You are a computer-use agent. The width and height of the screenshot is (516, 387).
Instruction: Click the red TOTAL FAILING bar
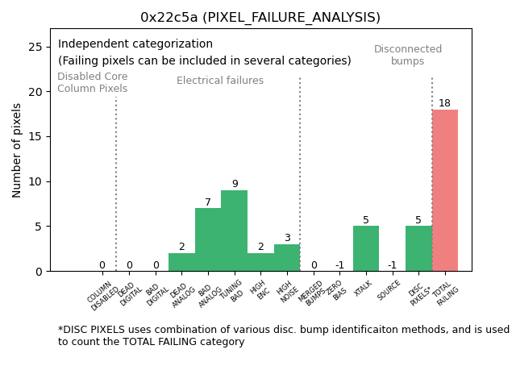pyautogui.click(x=445, y=190)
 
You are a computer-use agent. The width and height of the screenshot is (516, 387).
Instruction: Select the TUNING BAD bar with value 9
pyautogui.click(x=234, y=231)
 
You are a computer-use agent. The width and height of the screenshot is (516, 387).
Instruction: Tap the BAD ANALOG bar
pyautogui.click(x=208, y=239)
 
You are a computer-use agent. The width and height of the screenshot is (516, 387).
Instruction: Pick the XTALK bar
pyautogui.click(x=366, y=248)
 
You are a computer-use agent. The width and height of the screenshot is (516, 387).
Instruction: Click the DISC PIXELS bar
pyautogui.click(x=418, y=248)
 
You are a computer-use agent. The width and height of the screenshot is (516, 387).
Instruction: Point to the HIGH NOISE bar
pyautogui.click(x=287, y=258)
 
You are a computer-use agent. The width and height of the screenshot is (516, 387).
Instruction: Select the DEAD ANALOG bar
pyautogui.click(x=181, y=262)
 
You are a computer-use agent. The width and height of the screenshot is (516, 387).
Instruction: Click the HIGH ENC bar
pyautogui.click(x=260, y=262)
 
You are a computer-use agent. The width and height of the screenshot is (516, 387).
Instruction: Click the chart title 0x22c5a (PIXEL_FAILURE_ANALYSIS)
pyautogui.click(x=260, y=17)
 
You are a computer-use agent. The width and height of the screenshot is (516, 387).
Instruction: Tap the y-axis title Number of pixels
pyautogui.click(x=17, y=150)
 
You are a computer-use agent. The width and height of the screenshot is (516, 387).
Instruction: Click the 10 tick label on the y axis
pyautogui.click(x=36, y=181)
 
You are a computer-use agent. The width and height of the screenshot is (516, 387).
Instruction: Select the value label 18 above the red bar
pyautogui.click(x=445, y=103)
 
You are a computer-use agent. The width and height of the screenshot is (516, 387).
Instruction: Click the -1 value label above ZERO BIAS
pyautogui.click(x=339, y=265)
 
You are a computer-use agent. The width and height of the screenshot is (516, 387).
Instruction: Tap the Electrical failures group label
pyautogui.click(x=220, y=81)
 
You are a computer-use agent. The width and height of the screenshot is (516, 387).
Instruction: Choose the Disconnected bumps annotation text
pyautogui.click(x=408, y=55)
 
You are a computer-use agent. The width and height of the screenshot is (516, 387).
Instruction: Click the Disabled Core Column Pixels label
pyautogui.click(x=92, y=82)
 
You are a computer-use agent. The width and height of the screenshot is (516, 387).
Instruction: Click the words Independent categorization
pyautogui.click(x=135, y=44)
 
